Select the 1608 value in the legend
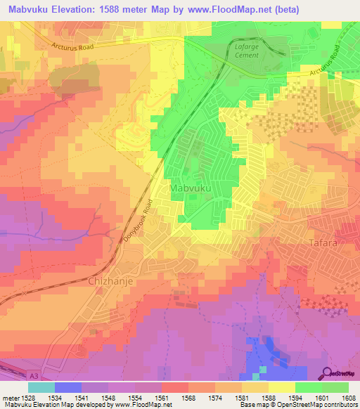coord(349,397)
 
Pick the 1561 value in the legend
coord(162,397)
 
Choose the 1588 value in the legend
coord(269,397)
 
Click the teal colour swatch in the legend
coord(41,387)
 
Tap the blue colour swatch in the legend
coord(68,387)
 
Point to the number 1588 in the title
coord(124,9)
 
